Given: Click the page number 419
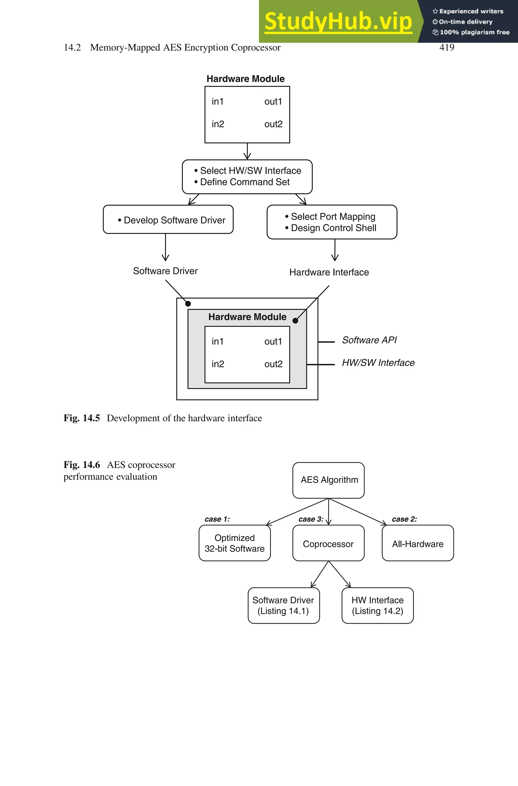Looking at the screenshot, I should tap(446, 48).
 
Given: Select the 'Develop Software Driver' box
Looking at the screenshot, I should tap(168, 220).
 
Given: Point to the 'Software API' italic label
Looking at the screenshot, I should tap(369, 340).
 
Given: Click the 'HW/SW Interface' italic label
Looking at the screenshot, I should tap(378, 363).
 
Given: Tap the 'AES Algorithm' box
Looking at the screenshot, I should tap(329, 480).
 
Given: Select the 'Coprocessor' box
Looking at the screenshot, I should tap(328, 544).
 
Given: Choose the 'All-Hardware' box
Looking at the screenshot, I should tap(418, 544).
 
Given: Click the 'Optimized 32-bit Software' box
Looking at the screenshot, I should tap(234, 543).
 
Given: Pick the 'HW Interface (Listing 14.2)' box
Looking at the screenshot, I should tap(377, 606).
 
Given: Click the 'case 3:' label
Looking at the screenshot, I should tap(311, 519).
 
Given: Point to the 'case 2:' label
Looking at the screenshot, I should tap(404, 519).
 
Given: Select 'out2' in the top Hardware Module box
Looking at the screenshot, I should tap(273, 124).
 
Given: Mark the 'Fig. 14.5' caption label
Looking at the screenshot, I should tap(82, 418).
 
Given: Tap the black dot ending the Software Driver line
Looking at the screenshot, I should tap(188, 304).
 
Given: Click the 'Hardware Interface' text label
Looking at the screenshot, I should tap(329, 272).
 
